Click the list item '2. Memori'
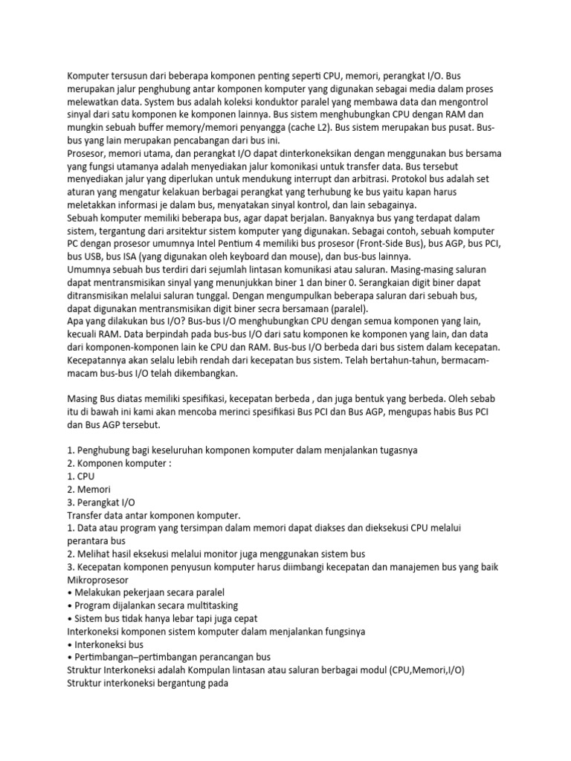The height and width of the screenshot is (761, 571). [x=88, y=490]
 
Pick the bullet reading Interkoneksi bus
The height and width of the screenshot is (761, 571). [x=109, y=645]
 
